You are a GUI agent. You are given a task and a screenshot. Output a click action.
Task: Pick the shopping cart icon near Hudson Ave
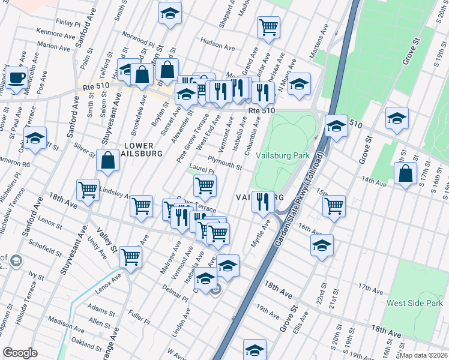tap(268, 26)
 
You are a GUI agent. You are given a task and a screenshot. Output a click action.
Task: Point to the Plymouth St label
tap(224, 162)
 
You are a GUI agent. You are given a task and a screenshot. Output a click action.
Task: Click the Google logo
tap(20, 353)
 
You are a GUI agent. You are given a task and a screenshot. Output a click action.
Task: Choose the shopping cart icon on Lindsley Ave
tap(88, 190)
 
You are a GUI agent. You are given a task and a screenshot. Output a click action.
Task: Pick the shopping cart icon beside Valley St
tap(130, 257)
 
